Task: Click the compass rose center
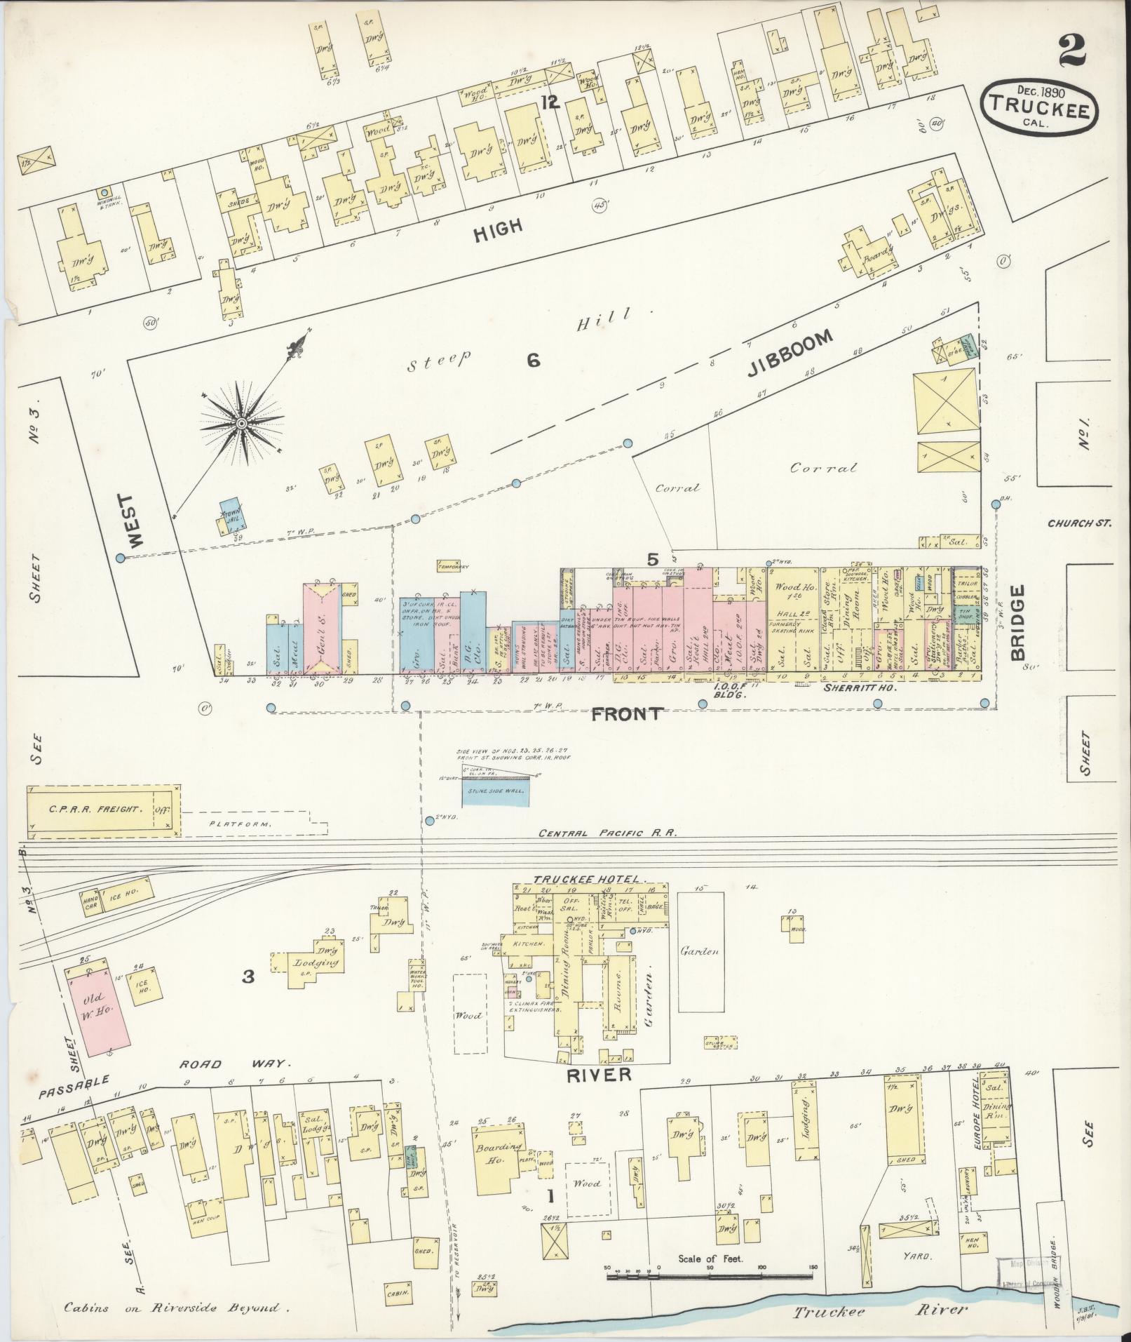(241, 424)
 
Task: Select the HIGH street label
(498, 229)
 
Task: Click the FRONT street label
(626, 714)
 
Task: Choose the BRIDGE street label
(1019, 624)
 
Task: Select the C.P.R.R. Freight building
(103, 810)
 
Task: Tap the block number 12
(550, 103)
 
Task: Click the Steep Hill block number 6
(533, 361)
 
